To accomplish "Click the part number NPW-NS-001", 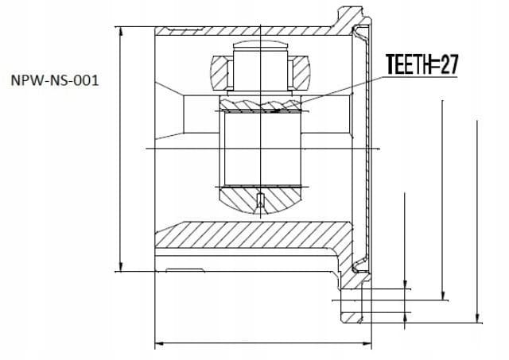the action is [x=55, y=80].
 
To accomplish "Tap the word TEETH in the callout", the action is [x=408, y=64].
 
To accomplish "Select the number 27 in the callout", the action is [x=449, y=64].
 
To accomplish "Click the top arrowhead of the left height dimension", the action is [x=121, y=32].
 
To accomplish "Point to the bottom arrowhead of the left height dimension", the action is [x=121, y=266].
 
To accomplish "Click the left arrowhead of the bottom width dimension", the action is [x=160, y=343].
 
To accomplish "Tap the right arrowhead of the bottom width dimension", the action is [x=367, y=343].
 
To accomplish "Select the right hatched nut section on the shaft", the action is [x=299, y=72].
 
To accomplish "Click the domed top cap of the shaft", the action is [x=260, y=45].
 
